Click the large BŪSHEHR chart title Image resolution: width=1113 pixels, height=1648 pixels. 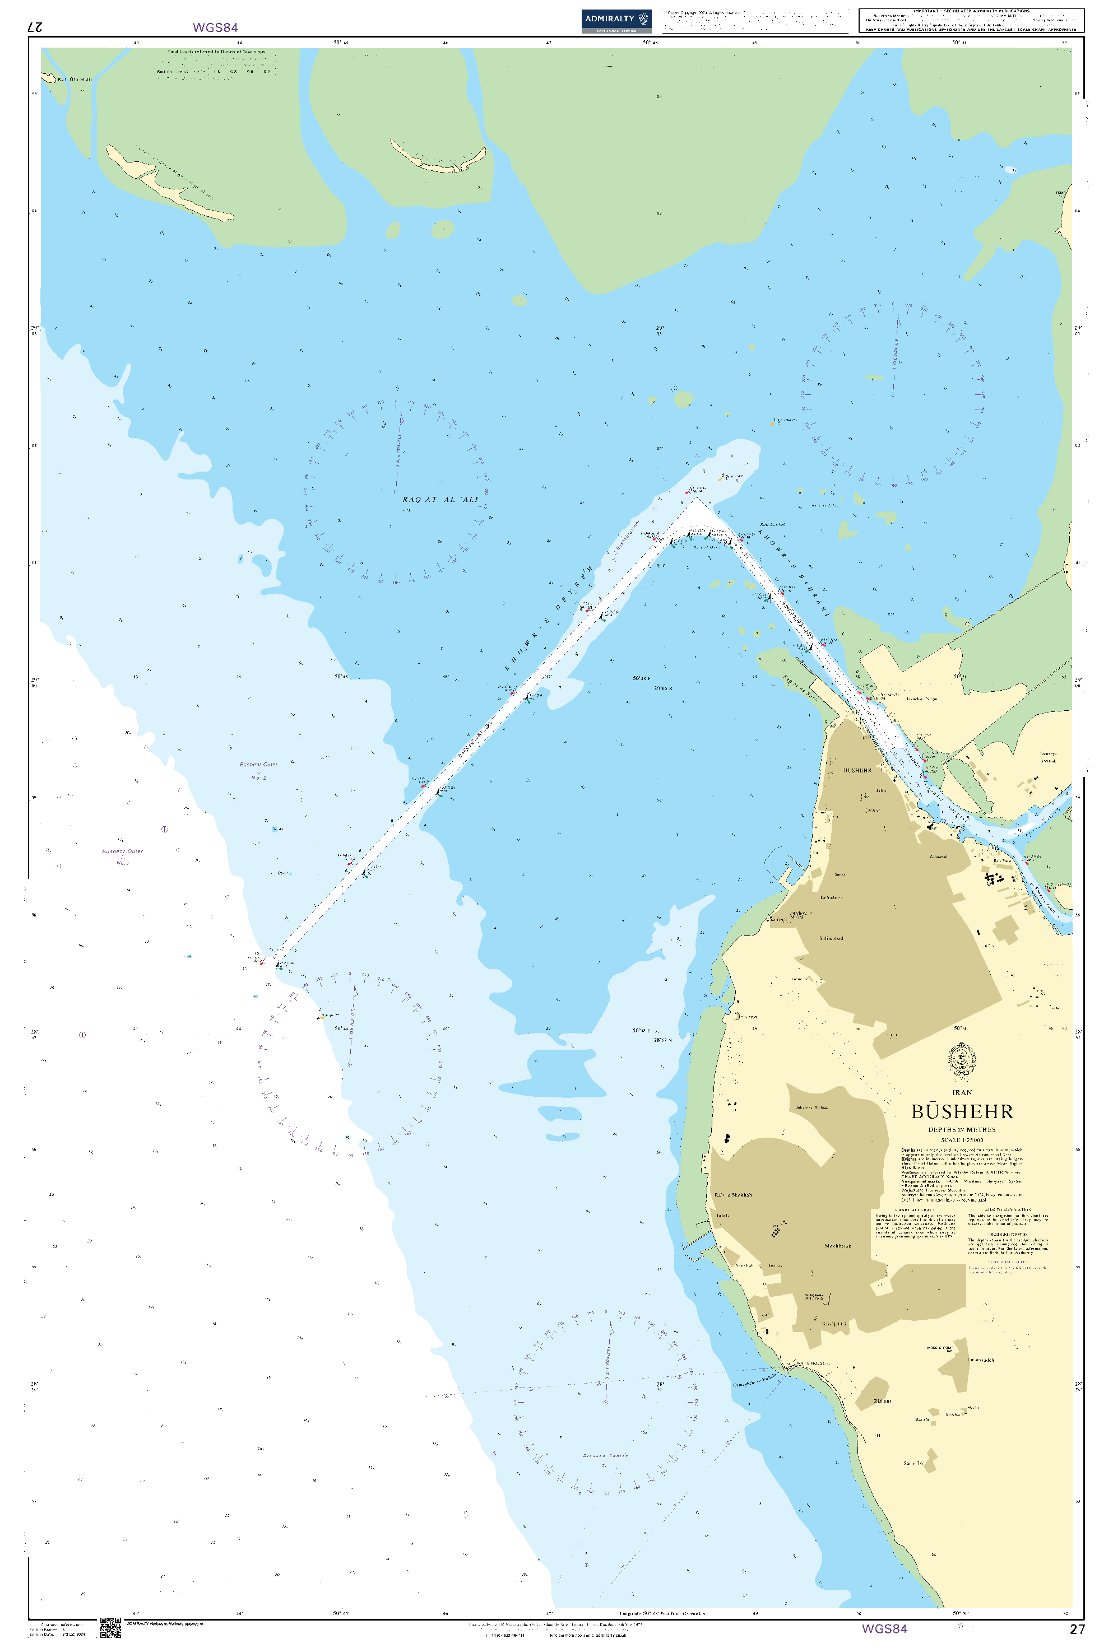(x=961, y=1111)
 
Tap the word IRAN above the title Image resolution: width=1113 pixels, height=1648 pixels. (x=962, y=1092)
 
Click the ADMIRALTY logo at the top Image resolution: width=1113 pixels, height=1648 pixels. (x=616, y=20)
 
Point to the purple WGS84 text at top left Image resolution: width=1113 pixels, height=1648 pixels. (x=215, y=27)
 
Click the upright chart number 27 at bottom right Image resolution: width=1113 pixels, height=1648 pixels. (x=1076, y=1629)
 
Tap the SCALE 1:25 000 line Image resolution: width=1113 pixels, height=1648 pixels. (x=962, y=1140)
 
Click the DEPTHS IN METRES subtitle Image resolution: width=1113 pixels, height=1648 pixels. (x=962, y=1130)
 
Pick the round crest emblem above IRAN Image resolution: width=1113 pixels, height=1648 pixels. (x=962, y=1060)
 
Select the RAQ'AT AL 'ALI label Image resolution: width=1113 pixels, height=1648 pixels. (x=440, y=499)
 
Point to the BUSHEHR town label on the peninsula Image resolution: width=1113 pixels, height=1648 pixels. (x=857, y=770)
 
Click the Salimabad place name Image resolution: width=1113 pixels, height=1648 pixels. (x=831, y=938)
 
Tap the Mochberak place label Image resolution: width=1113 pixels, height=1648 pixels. (x=838, y=1246)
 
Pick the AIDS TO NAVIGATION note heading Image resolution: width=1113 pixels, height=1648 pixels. (x=1008, y=1210)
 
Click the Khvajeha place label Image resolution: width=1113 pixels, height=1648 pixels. (x=833, y=1324)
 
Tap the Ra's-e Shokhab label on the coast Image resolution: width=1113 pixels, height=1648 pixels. (x=733, y=1195)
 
